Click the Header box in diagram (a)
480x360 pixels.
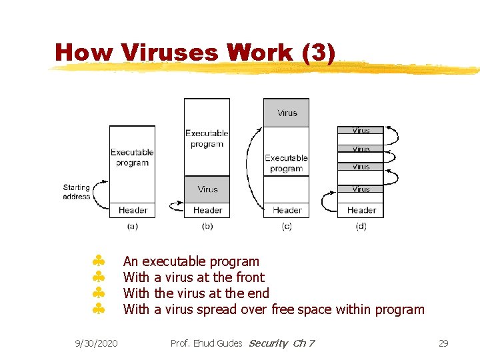tap(133, 210)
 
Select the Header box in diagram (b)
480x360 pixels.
tap(207, 210)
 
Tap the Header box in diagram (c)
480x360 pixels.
tap(287, 210)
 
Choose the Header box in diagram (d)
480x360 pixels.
tap(361, 210)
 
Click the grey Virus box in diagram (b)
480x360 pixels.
tap(207, 189)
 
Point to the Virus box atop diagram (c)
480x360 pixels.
tap(287, 113)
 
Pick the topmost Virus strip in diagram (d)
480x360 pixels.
tap(361, 131)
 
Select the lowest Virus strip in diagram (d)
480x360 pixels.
tap(361, 189)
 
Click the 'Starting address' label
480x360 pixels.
tap(77, 192)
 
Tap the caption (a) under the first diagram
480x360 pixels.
tap(133, 227)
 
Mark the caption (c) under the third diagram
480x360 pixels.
tap(287, 227)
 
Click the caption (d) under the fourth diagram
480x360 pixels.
tap(361, 227)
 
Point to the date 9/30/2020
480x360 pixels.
tap(96, 343)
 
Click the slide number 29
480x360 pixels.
tap(443, 343)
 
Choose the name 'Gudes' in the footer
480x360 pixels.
tap(229, 343)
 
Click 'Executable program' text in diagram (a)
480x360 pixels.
tap(132, 157)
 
